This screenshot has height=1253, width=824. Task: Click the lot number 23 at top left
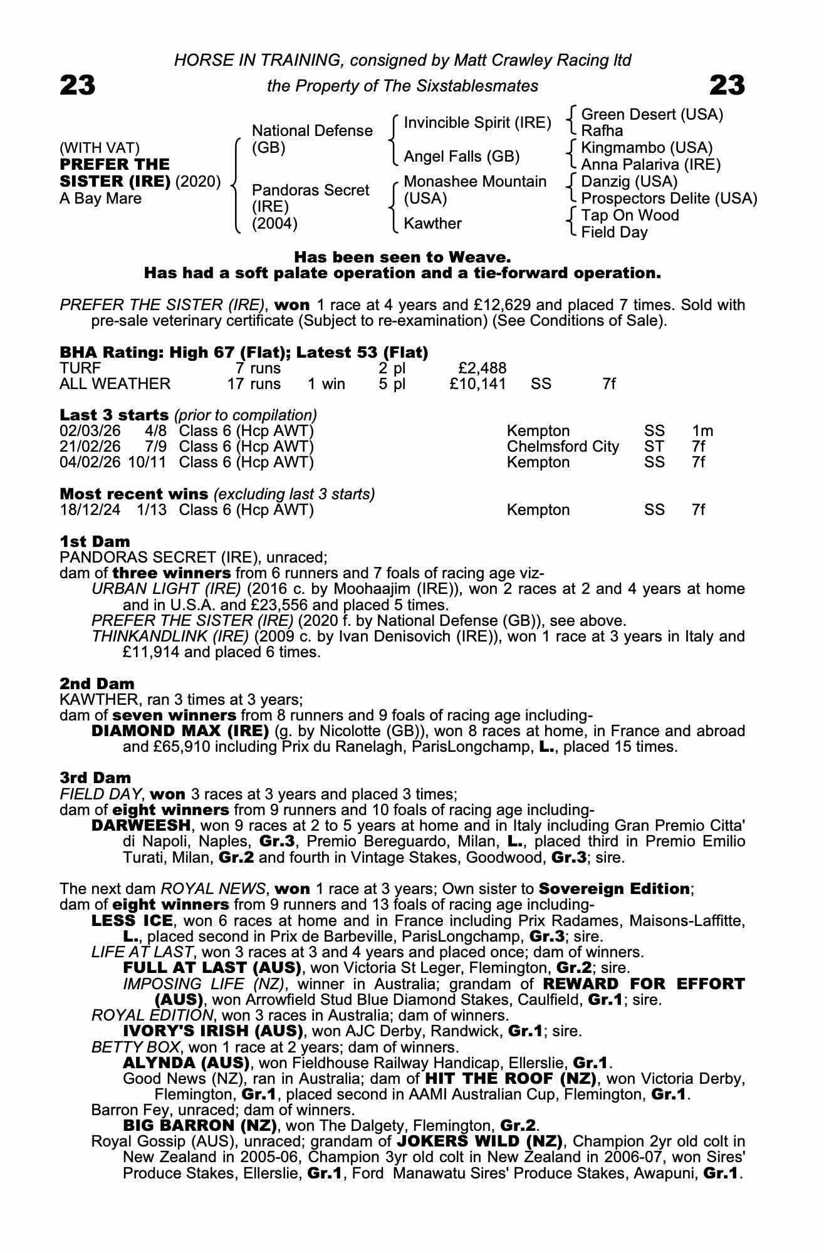coord(78,85)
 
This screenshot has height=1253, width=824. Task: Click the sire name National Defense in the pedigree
coord(311,131)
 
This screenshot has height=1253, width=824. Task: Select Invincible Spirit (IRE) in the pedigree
coord(477,123)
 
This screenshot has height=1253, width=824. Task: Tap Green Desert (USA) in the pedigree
coord(652,115)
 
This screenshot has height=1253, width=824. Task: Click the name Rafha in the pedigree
coord(602,131)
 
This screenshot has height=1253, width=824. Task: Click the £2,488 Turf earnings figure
coord(482,368)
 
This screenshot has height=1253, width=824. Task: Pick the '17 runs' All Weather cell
coord(254,383)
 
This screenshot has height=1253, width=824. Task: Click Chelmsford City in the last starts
coord(563,447)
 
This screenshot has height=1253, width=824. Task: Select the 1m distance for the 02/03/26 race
coord(702,431)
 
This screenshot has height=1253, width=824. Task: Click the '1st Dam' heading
coord(95,541)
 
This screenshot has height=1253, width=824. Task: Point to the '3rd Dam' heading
coord(95,777)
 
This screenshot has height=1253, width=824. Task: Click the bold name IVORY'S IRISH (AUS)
coord(213,1031)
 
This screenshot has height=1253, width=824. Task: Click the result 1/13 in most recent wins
coord(152,510)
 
